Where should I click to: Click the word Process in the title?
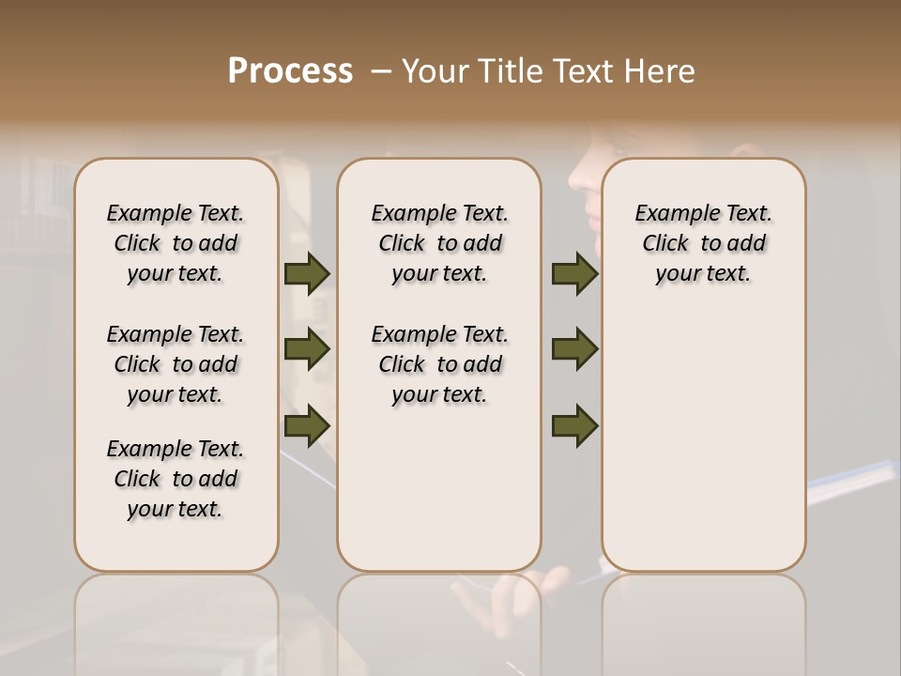(290, 70)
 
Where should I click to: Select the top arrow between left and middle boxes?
(307, 274)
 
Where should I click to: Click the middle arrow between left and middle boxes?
(307, 349)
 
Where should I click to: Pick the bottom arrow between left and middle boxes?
(307, 425)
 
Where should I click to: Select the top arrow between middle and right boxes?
(574, 274)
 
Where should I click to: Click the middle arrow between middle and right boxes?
(574, 349)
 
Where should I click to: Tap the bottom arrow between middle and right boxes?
(574, 425)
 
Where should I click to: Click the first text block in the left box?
(176, 243)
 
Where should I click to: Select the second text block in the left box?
(176, 364)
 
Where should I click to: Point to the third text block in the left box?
(176, 479)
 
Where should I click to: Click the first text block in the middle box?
(439, 243)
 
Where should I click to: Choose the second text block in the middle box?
(439, 364)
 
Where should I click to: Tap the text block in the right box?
(704, 243)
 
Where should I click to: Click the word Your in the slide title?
(434, 70)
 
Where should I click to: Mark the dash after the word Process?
(380, 70)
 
